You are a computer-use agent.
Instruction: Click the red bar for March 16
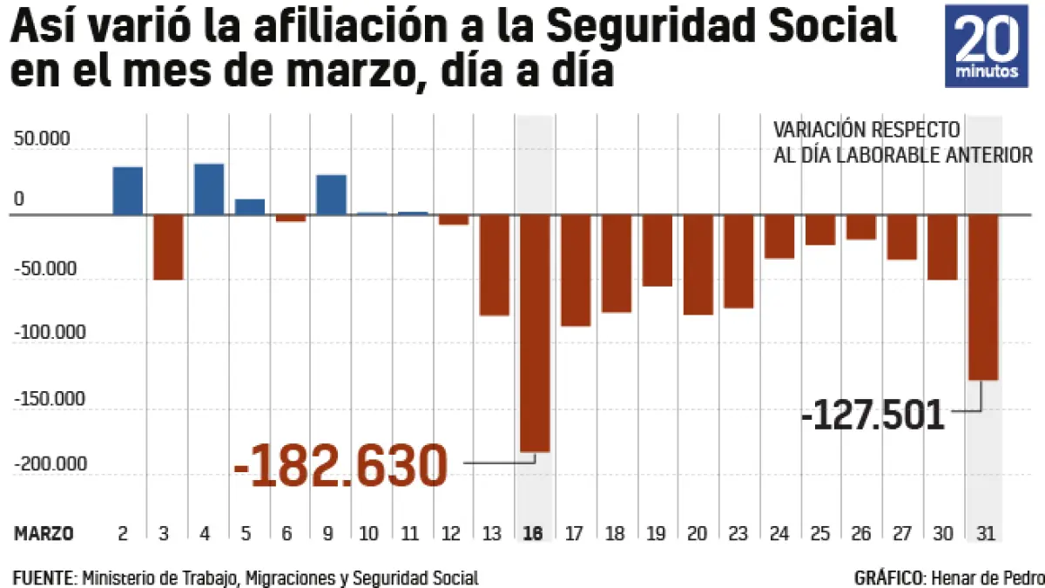point(535,333)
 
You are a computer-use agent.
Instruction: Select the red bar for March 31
point(982,297)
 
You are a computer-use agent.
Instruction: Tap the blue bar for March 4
point(209,189)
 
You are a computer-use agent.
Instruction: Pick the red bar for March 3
point(168,247)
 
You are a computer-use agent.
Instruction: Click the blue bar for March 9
point(331,194)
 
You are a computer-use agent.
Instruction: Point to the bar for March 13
point(494,265)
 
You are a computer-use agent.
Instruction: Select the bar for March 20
point(698,265)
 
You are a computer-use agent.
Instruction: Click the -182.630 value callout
point(340,466)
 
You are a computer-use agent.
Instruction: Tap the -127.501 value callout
point(873,416)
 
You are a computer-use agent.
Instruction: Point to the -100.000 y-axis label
point(50,333)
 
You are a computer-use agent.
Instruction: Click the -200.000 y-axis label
point(50,463)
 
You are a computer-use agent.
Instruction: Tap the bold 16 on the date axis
point(535,533)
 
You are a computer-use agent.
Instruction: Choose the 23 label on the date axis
point(738,533)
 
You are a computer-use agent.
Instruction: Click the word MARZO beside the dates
point(44,533)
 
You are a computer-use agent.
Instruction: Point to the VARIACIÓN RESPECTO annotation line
point(866,131)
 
